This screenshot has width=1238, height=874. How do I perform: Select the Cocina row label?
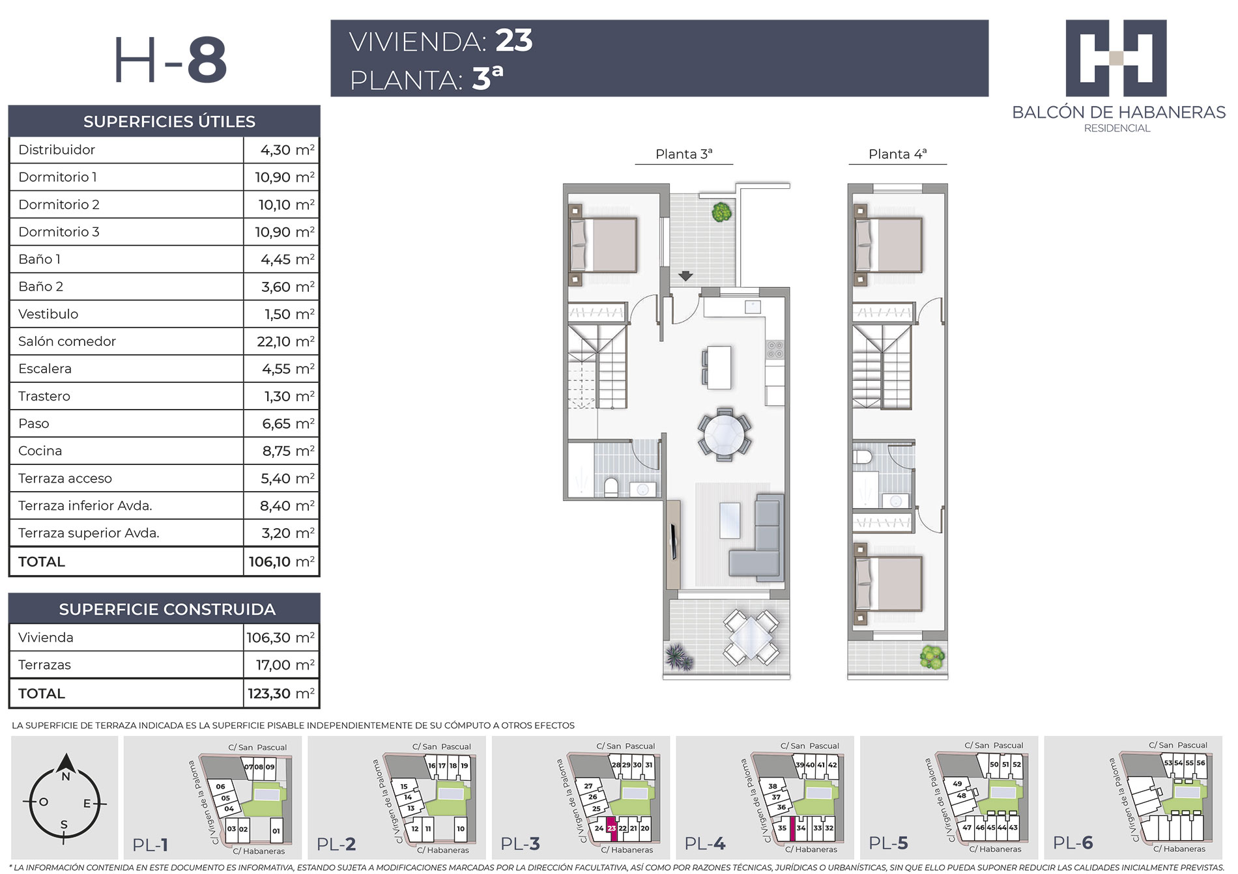(40, 451)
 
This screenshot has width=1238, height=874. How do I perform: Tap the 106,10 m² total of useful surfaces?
(281, 561)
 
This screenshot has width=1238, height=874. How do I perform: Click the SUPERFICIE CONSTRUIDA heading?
(167, 610)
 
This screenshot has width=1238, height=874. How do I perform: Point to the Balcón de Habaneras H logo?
(1116, 58)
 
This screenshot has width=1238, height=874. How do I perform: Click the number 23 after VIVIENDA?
(514, 40)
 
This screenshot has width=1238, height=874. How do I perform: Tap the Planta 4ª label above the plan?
(897, 154)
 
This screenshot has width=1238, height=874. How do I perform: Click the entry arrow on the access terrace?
(685, 276)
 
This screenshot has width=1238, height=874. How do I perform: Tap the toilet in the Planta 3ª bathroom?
(611, 488)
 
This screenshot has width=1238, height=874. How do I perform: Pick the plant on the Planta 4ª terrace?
(932, 656)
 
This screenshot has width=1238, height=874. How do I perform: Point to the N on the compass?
(65, 777)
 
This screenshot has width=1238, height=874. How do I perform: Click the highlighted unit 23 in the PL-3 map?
(611, 828)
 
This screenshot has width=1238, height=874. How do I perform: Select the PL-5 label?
(888, 843)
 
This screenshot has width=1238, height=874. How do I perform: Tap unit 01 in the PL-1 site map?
(276, 830)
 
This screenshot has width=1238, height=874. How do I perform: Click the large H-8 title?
(171, 60)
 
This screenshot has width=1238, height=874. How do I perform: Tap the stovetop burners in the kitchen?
(775, 350)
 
